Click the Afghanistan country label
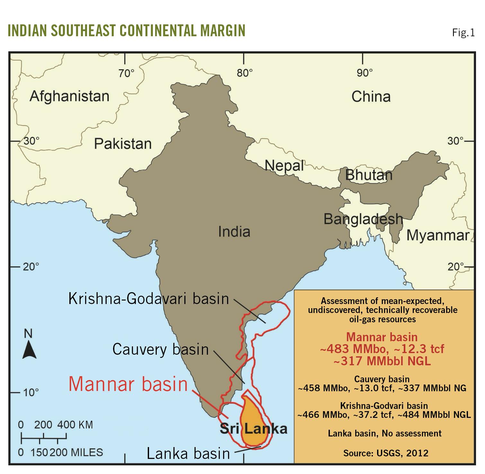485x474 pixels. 69,96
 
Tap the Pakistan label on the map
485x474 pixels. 123,144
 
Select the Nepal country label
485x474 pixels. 284,166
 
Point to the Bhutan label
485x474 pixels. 369,175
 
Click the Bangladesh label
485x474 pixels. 363,219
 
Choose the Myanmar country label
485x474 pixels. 438,235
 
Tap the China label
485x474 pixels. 371,97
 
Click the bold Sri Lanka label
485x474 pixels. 253,429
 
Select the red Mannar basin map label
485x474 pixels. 128,384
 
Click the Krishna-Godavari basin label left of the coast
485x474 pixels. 149,299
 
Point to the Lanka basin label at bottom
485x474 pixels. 188,453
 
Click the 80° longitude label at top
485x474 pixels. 245,73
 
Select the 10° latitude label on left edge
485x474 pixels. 31,392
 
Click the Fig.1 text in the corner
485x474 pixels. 463,32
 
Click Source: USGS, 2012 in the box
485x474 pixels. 385,453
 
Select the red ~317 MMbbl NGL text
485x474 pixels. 382,361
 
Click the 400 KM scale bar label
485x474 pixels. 75,425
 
